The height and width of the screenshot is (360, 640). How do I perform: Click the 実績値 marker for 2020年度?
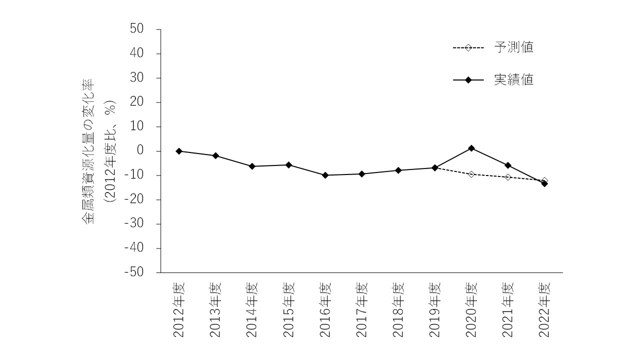pos(471,148)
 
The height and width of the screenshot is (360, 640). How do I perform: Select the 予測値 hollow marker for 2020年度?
pos(471,174)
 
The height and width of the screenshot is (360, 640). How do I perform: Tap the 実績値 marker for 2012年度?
pos(179,151)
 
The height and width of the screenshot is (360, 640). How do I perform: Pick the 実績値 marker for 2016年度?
pos(325,175)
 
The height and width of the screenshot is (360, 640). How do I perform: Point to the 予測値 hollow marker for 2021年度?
pos(508,177)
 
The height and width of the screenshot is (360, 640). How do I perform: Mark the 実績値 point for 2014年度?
pos(252,166)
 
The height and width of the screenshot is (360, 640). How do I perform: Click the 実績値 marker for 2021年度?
pos(508,165)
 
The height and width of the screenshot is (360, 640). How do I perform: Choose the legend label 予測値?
pos(513,47)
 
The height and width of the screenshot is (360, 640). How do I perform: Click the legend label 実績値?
pos(513,80)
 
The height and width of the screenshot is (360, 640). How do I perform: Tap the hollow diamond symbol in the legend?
pos(468,47)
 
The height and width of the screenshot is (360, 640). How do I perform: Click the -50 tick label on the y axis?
pos(134,272)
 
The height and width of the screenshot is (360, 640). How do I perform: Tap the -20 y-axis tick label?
pos(134,199)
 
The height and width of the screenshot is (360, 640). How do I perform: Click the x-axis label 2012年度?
pos(179,310)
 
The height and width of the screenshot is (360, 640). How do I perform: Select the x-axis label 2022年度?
pos(544,310)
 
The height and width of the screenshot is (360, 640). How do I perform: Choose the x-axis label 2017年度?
pos(361,310)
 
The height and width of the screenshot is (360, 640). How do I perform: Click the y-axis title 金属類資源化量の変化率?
pos(88,151)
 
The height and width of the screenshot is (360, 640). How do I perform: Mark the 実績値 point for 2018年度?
pos(398,170)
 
